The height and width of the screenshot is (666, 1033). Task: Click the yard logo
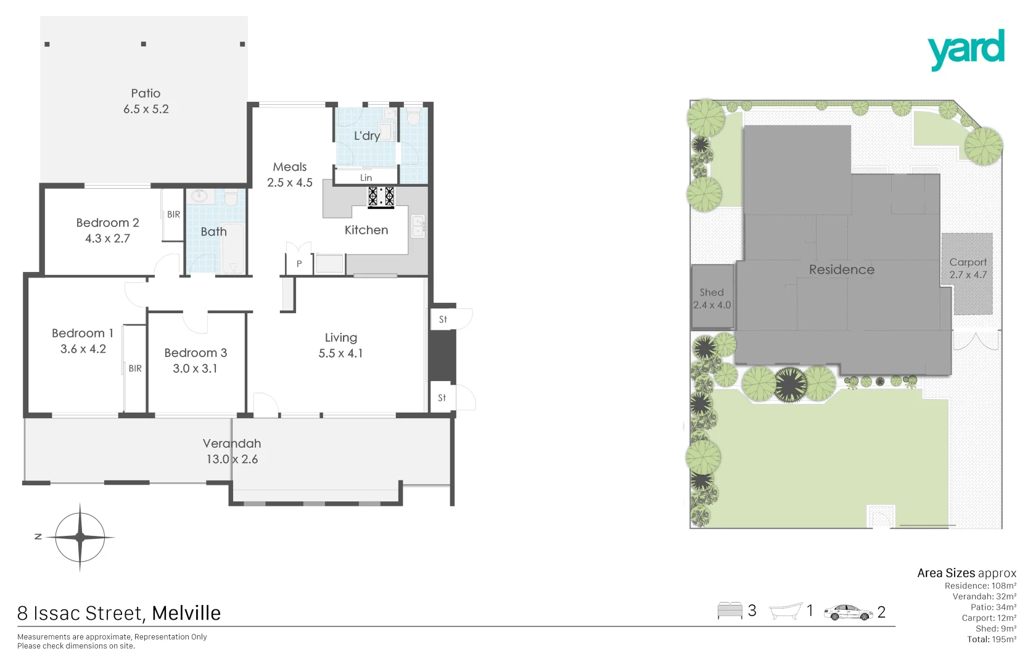coord(966,50)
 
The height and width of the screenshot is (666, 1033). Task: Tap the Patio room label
coord(146,94)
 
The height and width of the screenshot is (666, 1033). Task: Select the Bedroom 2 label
coord(107,223)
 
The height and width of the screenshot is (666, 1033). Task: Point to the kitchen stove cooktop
coord(381,197)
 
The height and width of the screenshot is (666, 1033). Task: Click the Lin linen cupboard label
coord(366,178)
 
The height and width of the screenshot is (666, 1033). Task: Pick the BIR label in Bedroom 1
coord(135,368)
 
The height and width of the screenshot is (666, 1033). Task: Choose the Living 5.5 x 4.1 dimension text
coord(340,353)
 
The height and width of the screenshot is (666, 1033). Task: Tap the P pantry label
coord(299,264)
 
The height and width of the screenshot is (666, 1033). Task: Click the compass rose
coord(80,537)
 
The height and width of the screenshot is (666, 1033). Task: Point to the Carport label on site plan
coord(968,262)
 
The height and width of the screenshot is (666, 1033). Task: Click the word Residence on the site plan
coord(841,269)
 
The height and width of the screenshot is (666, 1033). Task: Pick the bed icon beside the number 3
coord(730,610)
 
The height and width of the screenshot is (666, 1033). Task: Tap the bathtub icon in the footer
coord(786,611)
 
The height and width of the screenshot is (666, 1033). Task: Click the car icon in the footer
coord(848,612)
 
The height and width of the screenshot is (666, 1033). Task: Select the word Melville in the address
coord(186,613)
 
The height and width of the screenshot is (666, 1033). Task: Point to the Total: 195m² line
coord(991,639)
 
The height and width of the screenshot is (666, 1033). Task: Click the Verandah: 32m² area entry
coord(984,596)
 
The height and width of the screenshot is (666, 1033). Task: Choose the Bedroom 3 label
coord(195,353)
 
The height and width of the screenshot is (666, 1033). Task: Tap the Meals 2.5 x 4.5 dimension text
coord(290,183)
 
